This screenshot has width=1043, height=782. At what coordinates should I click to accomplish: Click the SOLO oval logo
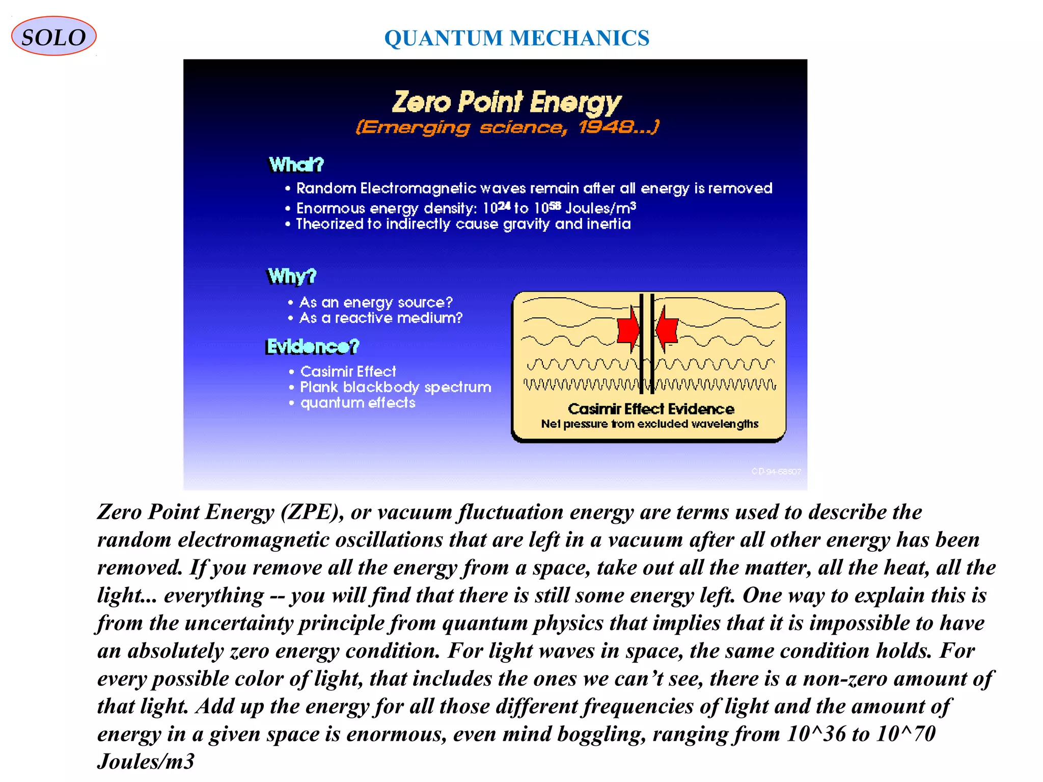[53, 37]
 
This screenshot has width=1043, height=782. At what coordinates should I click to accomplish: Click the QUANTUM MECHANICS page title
[516, 38]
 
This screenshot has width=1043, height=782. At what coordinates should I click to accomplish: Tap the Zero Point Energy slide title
[506, 102]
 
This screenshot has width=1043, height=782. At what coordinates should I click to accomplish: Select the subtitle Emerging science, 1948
[507, 127]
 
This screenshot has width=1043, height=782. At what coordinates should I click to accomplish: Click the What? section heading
[296, 164]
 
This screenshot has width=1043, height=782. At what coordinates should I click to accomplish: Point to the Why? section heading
[292, 276]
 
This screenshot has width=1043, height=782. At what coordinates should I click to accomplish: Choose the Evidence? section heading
[313, 347]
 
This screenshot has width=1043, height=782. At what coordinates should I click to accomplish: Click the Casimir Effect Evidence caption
[651, 409]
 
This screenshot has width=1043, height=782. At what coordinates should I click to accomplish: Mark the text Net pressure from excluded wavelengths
[649, 424]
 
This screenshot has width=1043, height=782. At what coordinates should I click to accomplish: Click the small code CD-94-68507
[776, 471]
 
